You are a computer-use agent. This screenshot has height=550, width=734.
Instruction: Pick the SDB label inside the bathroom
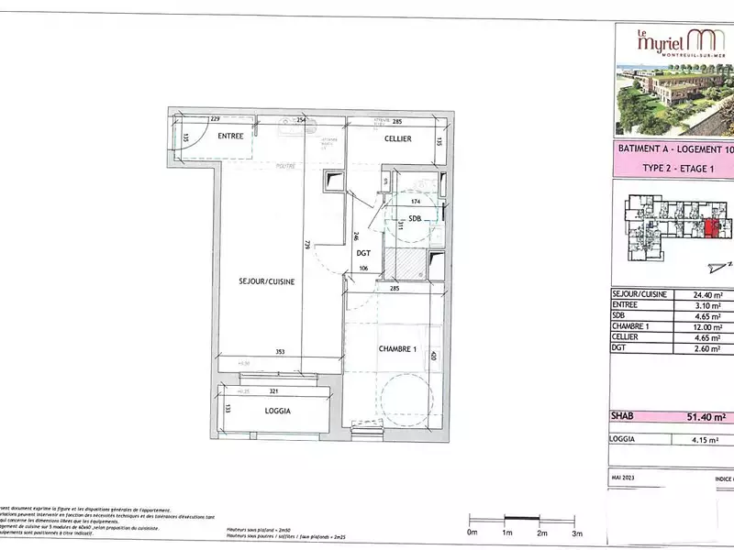point(415,218)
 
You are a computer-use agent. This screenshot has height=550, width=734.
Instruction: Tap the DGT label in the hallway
point(363,252)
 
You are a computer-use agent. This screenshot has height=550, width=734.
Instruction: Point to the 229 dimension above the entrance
point(216,119)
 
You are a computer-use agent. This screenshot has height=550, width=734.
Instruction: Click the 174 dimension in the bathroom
point(415,201)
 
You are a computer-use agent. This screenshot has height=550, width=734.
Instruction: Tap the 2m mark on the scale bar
point(541,532)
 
